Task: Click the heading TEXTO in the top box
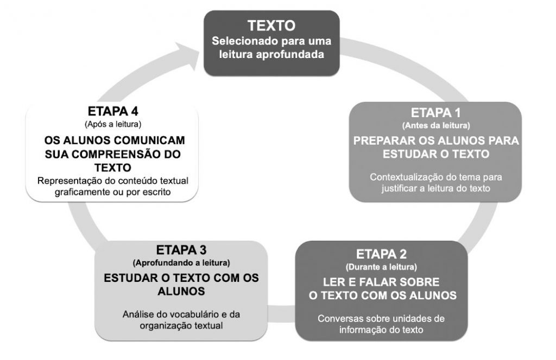(x=271, y=25)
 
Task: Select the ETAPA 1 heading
(x=435, y=113)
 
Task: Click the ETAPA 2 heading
(x=381, y=254)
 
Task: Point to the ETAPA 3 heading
(x=181, y=250)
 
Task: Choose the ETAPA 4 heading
(x=113, y=111)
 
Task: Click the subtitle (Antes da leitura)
(x=436, y=126)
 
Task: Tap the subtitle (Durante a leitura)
(x=381, y=267)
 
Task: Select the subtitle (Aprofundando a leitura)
(x=181, y=263)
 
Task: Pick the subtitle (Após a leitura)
(x=113, y=124)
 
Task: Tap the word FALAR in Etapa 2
(x=377, y=282)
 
